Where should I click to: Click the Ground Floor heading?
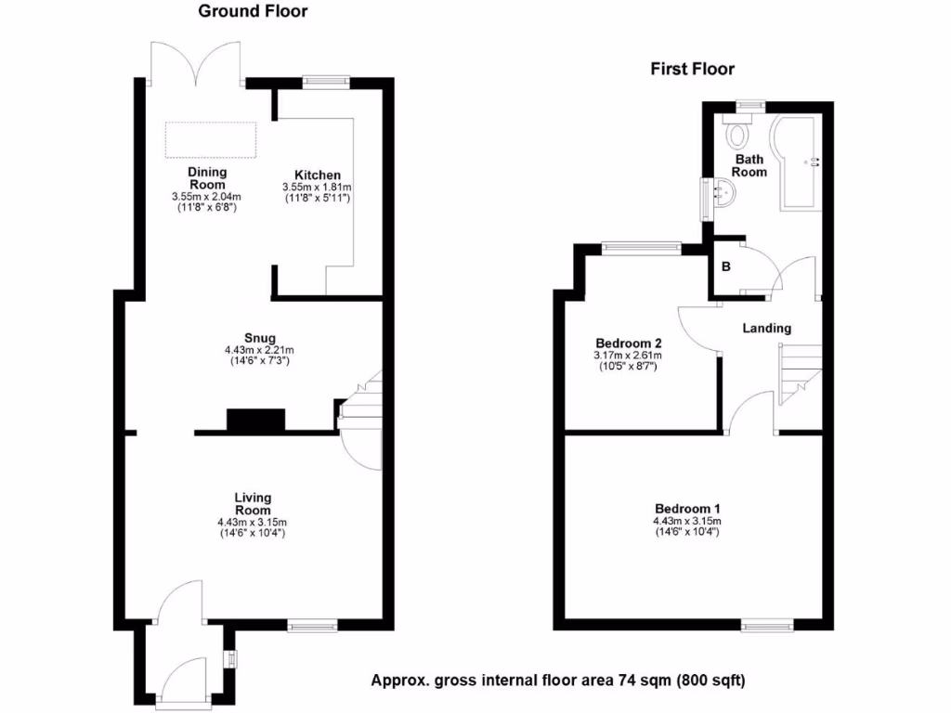pyautogui.click(x=253, y=12)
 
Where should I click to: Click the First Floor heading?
pyautogui.click(x=692, y=69)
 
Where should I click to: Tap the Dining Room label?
pyautogui.click(x=206, y=178)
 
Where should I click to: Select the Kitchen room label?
pyautogui.click(x=318, y=175)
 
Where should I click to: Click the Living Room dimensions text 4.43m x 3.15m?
pyautogui.click(x=253, y=522)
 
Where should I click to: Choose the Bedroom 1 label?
pyautogui.click(x=687, y=509)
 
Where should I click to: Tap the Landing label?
pyautogui.click(x=766, y=328)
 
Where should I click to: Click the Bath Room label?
pyautogui.click(x=750, y=165)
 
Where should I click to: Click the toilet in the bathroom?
pyautogui.click(x=740, y=133)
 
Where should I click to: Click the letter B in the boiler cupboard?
pyautogui.click(x=726, y=267)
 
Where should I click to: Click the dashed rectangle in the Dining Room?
pyautogui.click(x=211, y=139)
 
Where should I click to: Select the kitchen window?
pyautogui.click(x=325, y=82)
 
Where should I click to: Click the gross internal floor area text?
pyautogui.click(x=557, y=681)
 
